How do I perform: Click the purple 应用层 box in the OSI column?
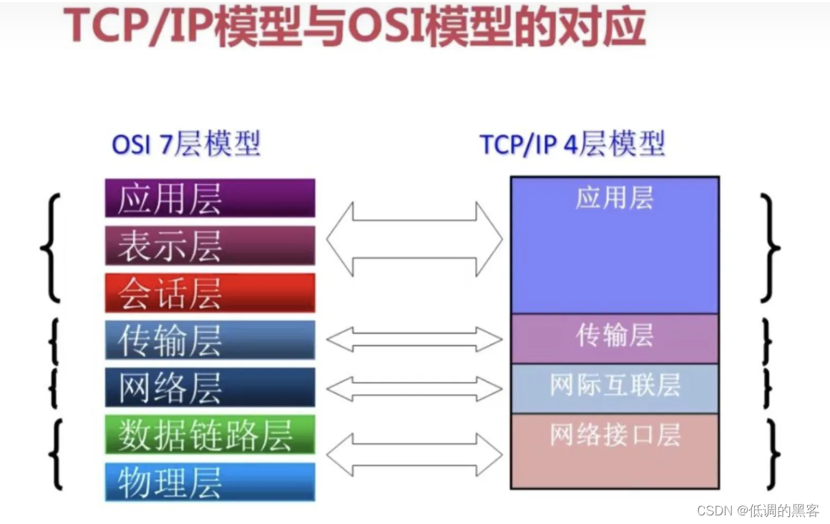[x=210, y=198]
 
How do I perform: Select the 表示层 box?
[x=210, y=245]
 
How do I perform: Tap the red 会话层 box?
[x=210, y=292]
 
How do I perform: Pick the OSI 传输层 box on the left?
[x=210, y=340]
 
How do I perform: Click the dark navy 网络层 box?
[x=210, y=387]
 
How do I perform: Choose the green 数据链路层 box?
[x=210, y=434]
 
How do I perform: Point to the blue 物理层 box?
[x=210, y=481]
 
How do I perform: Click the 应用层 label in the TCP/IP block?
[x=614, y=198]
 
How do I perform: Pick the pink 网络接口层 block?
[x=614, y=450]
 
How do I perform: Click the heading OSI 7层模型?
[x=186, y=145]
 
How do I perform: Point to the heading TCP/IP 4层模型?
[x=572, y=145]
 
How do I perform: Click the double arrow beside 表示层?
[x=414, y=239]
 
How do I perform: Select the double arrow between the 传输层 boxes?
[x=414, y=340]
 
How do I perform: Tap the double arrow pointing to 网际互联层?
[x=414, y=388]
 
